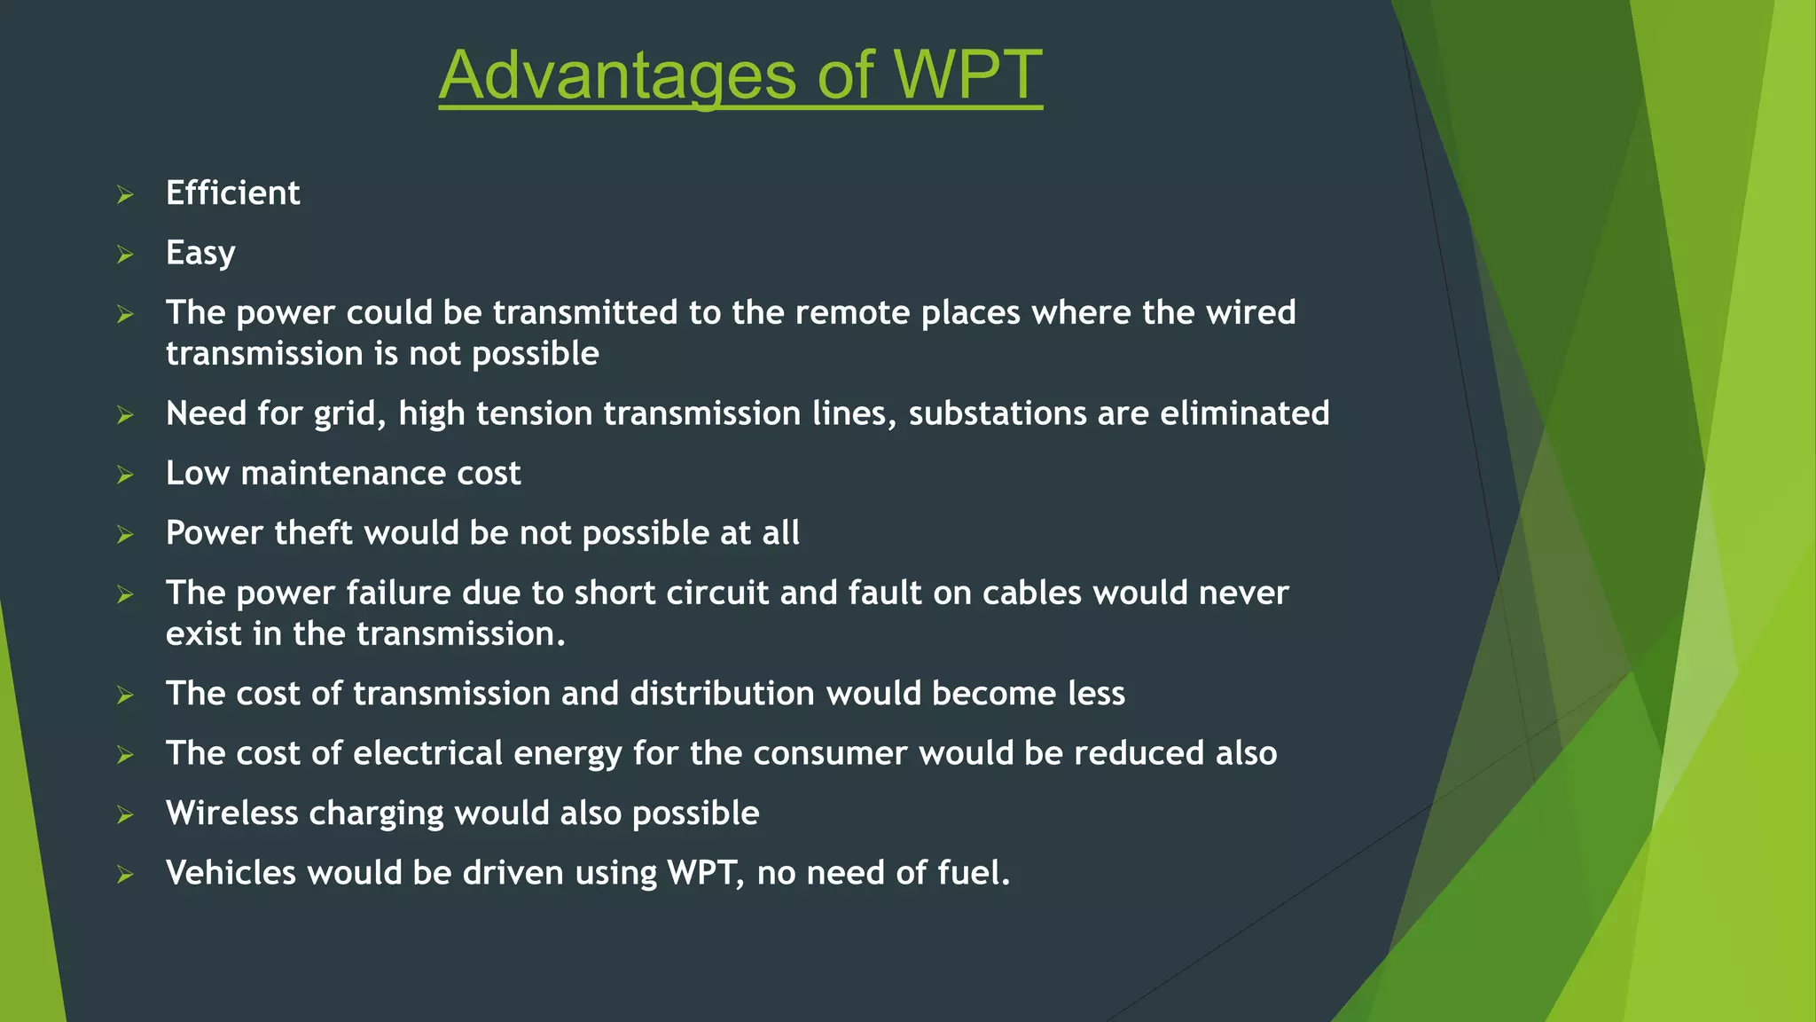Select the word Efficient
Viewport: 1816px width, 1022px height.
(x=232, y=193)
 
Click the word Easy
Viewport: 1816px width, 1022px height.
(x=200, y=254)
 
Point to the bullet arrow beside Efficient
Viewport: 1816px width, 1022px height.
(x=125, y=195)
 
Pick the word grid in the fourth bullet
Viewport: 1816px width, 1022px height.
(x=349, y=414)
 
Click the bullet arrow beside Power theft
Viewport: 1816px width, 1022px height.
(x=125, y=535)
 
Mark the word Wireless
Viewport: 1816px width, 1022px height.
(x=231, y=814)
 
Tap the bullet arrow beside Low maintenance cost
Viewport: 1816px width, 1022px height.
(x=125, y=476)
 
